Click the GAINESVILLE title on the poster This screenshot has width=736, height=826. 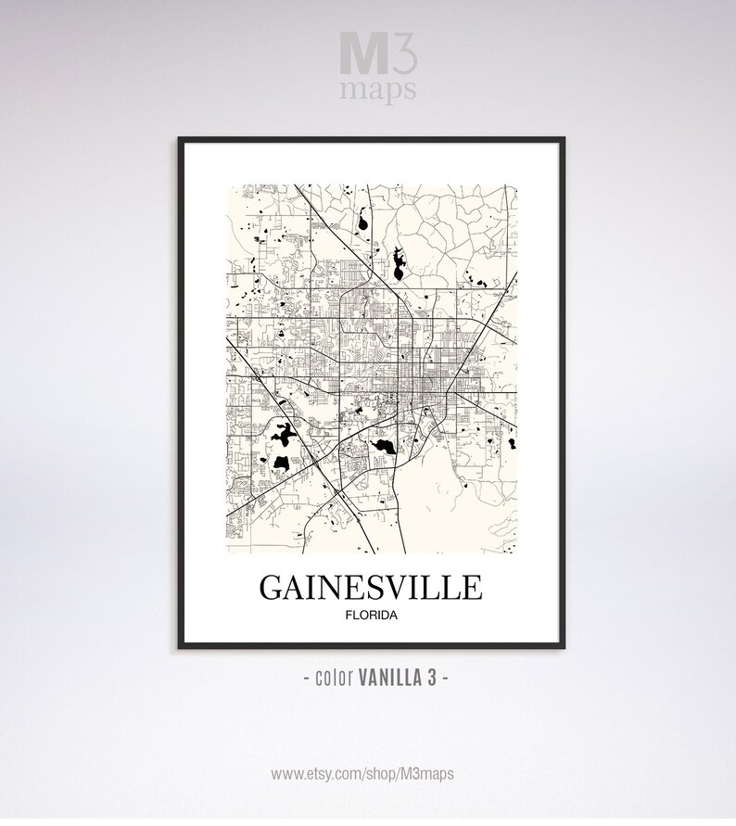point(370,590)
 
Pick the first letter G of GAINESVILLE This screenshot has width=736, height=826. point(271,590)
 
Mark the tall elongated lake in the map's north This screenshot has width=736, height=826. point(398,264)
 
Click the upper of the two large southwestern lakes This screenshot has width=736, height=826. point(282,432)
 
